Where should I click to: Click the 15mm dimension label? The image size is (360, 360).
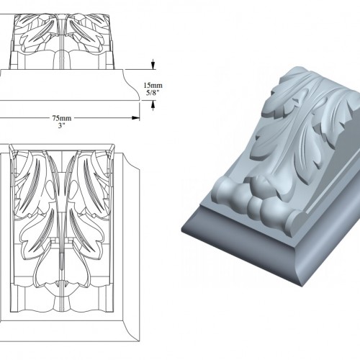pyautogui.click(x=153, y=86)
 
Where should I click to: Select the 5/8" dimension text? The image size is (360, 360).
pyautogui.click(x=153, y=93)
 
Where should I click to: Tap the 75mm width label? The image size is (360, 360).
pyautogui.click(x=62, y=118)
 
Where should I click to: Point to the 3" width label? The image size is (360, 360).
pyautogui.click(x=62, y=125)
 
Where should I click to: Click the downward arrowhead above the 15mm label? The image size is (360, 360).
pyautogui.click(x=153, y=66)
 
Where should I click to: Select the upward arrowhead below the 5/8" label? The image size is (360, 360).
pyautogui.click(x=153, y=104)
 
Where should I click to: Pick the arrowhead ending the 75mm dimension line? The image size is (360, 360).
pyautogui.click(x=136, y=118)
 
